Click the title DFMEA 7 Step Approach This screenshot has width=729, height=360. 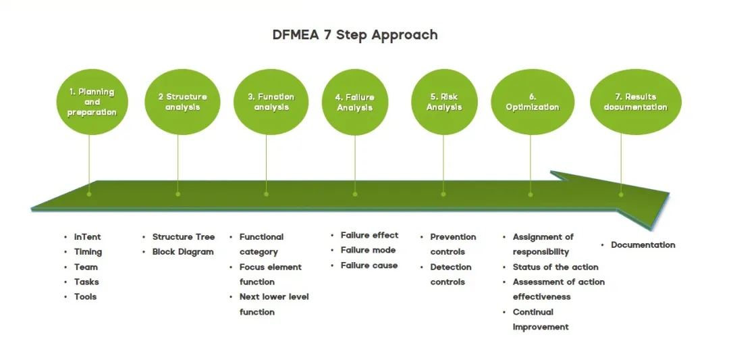point(354,34)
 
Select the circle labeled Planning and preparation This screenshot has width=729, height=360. point(91,102)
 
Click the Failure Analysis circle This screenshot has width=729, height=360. point(355,103)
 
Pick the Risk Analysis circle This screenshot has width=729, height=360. point(443,102)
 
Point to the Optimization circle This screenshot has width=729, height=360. point(532,102)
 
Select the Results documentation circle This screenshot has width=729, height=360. point(635,102)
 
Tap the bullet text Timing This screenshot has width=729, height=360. point(88,252)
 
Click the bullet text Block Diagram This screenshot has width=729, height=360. point(182,252)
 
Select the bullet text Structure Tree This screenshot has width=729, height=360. point(183,237)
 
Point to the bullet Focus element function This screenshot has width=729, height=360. point(270,274)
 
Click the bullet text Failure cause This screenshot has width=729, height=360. point(369,265)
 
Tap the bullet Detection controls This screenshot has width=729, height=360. point(452,274)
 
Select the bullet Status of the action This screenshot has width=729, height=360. point(555,267)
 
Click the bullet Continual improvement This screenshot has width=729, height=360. point(540,319)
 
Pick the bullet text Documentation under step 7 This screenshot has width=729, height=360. point(643,245)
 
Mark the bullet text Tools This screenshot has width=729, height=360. point(85,297)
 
